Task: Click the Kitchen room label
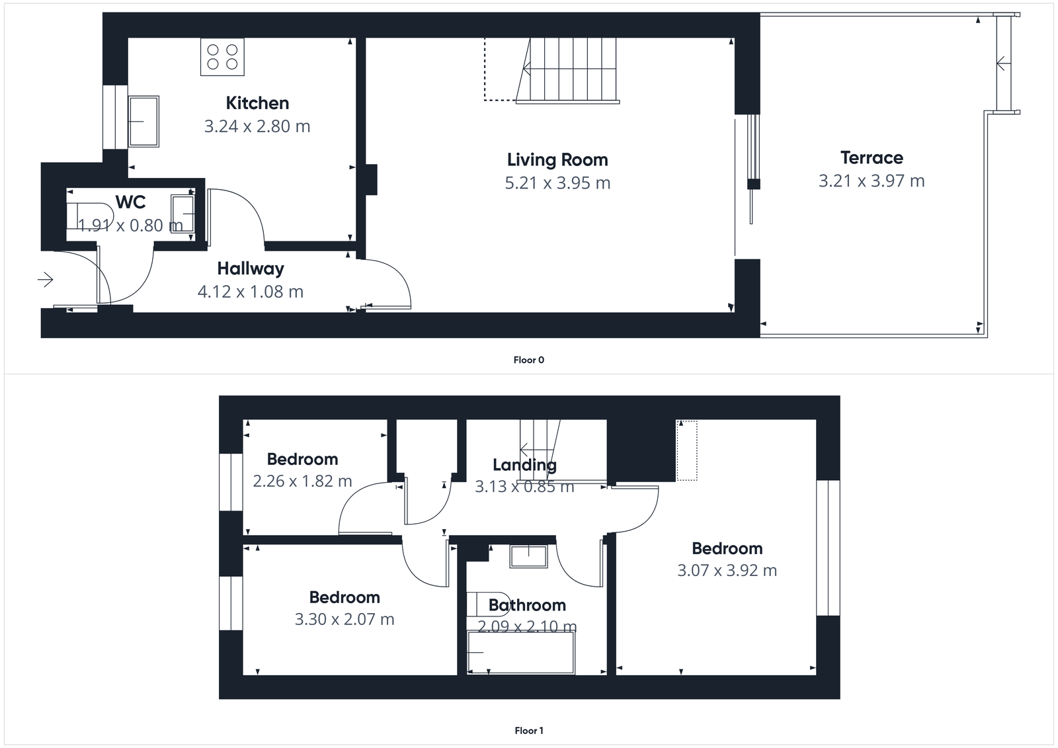[x=257, y=103]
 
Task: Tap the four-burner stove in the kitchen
[x=222, y=57]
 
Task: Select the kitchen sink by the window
[x=143, y=122]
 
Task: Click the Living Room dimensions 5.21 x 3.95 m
[x=557, y=183]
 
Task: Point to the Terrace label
[x=872, y=158]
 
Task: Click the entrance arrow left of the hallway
[x=45, y=280]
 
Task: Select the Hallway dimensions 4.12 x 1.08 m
[x=251, y=292]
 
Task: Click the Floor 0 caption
[x=528, y=360]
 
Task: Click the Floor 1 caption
[x=528, y=731]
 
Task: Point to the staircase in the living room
[x=567, y=69]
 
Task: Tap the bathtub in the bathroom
[x=521, y=653]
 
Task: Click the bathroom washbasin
[x=528, y=556]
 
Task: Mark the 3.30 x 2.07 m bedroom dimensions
[x=345, y=620]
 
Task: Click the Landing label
[x=524, y=465]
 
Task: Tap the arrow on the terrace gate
[x=1002, y=64]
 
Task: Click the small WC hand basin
[x=183, y=214]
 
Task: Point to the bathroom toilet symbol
[x=488, y=603]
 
